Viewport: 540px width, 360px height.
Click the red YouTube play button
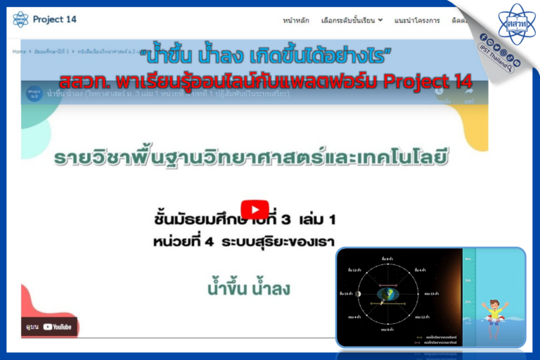click(x=255, y=210)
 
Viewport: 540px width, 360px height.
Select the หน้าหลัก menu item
click(x=295, y=20)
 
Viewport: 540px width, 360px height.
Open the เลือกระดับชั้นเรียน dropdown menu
click(x=352, y=20)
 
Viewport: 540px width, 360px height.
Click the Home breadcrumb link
click(x=18, y=52)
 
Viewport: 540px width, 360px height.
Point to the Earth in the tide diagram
click(x=388, y=295)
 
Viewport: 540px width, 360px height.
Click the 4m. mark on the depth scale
click(x=468, y=259)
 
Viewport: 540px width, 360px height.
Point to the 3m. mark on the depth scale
click(x=468, y=281)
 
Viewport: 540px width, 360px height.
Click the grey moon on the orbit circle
click(x=358, y=294)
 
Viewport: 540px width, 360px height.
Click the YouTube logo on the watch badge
click(x=57, y=326)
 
